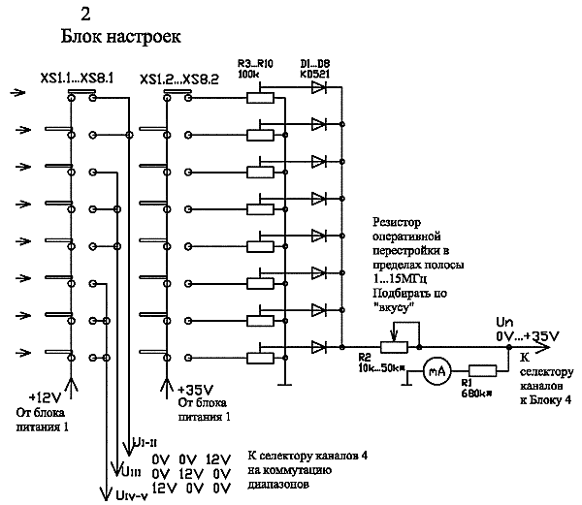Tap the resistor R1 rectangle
pyautogui.click(x=481, y=369)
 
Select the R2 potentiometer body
pyautogui.click(x=391, y=345)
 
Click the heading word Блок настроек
pyautogui.click(x=120, y=36)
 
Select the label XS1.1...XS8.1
pyautogui.click(x=77, y=79)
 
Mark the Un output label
pyautogui.click(x=504, y=323)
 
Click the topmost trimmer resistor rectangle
pyautogui.click(x=260, y=96)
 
